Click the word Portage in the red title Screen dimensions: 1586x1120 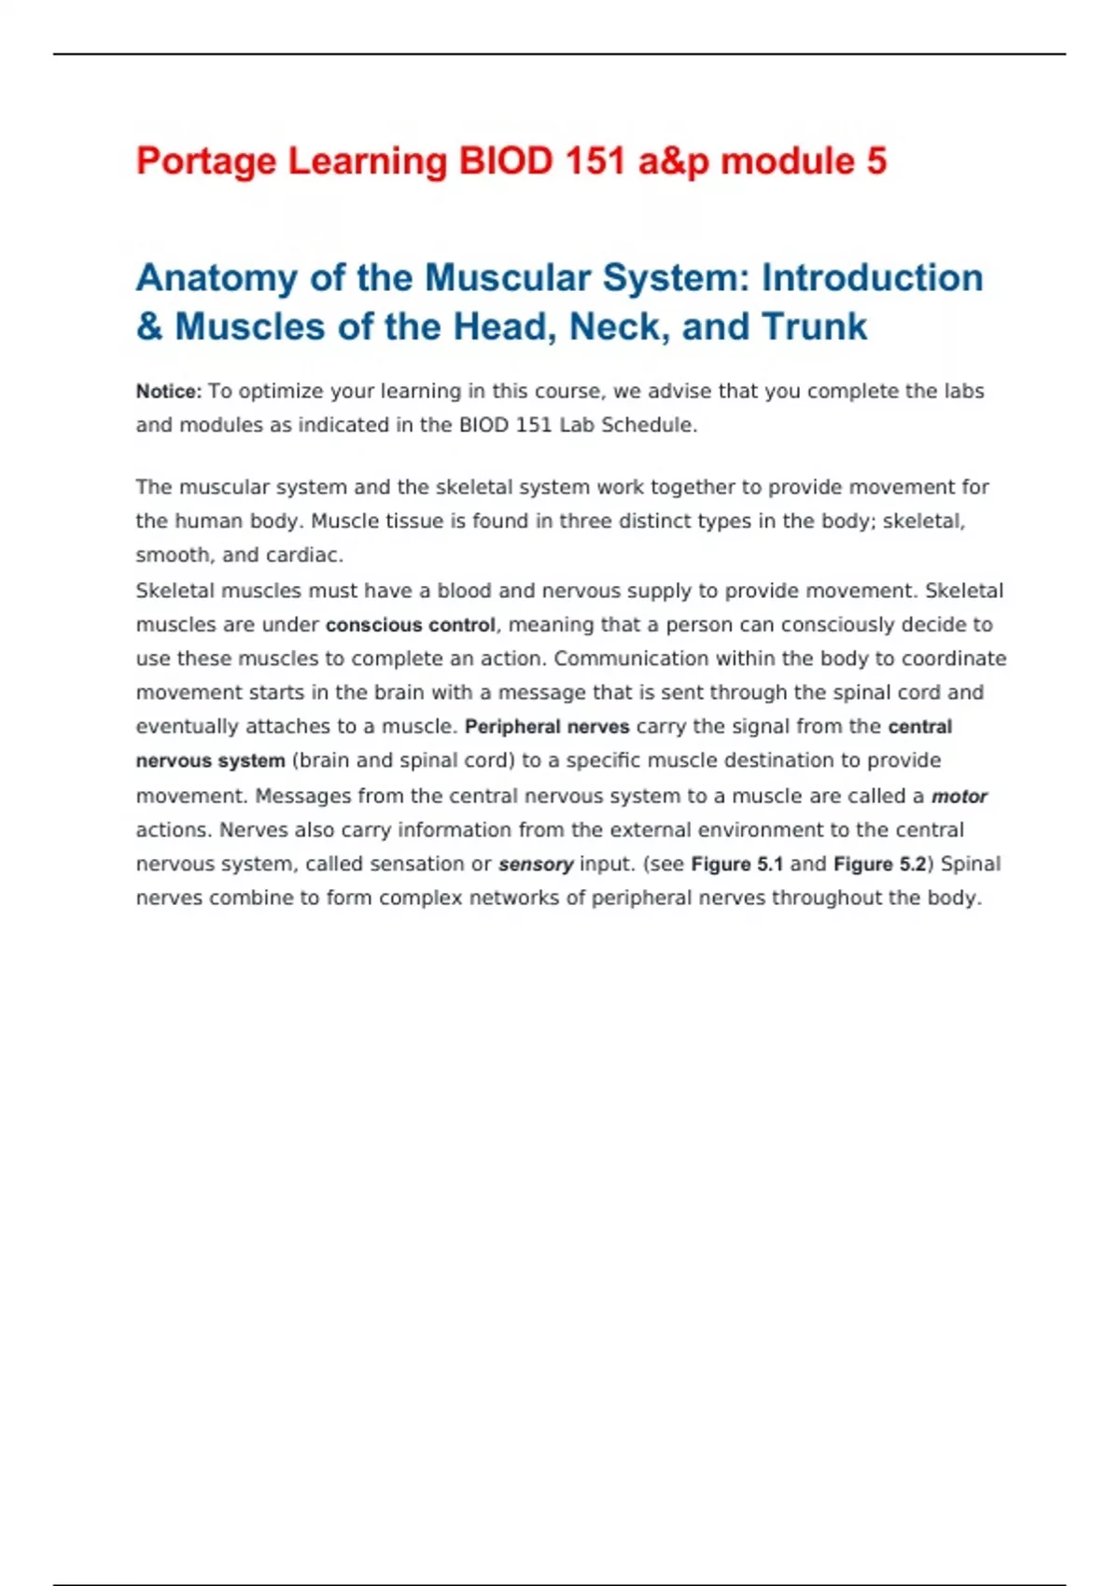tap(206, 162)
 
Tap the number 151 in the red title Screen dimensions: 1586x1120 tap(595, 161)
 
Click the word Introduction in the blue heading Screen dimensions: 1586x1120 tap(872, 278)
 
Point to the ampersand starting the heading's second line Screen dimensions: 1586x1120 tap(149, 327)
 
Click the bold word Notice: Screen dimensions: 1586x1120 tap(168, 392)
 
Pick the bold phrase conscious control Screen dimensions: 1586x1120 tap(410, 625)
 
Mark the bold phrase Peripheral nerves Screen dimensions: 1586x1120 tap(547, 727)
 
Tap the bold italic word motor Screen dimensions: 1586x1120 tap(959, 797)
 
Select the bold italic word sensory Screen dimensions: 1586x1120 tap(536, 865)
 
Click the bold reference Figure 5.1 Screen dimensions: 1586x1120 tap(736, 865)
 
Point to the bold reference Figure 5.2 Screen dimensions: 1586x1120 tap(879, 865)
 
